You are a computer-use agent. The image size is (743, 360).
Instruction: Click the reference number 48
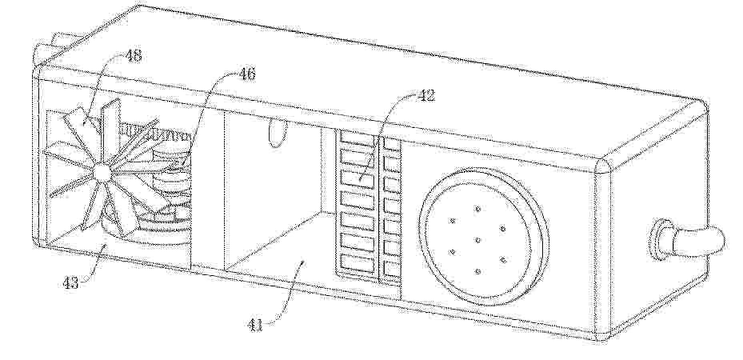[x=133, y=56]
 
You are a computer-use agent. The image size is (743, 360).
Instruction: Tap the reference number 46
[x=246, y=74]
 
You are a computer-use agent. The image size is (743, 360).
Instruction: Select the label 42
[x=425, y=96]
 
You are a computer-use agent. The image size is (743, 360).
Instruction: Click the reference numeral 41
[x=254, y=326]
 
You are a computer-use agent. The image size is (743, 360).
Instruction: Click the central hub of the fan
[x=102, y=173]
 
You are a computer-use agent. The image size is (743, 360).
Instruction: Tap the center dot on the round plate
[x=477, y=240]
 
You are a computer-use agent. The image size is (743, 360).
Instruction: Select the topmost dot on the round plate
[x=477, y=209]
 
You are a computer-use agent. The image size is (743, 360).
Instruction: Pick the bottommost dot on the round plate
[x=477, y=271]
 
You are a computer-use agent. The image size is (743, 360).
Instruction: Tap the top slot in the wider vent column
[x=357, y=138]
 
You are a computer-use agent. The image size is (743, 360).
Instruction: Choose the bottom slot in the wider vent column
[x=357, y=264]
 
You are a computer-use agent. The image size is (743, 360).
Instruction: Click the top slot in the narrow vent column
[x=392, y=143]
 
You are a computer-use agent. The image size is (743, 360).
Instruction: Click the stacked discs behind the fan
[x=167, y=194]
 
